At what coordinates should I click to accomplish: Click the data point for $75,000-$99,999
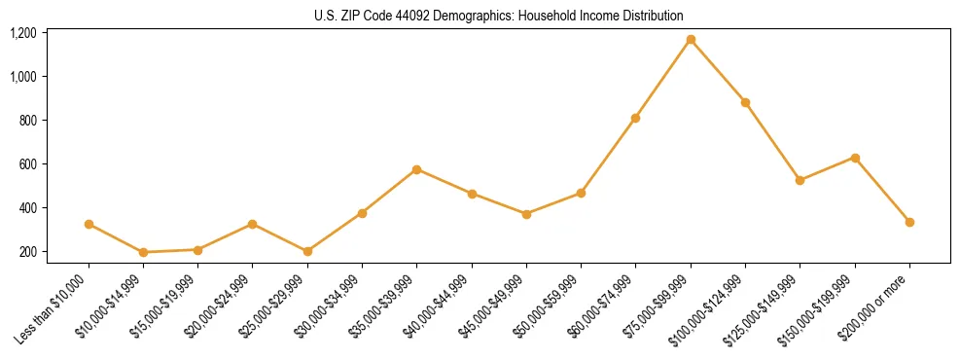click(691, 40)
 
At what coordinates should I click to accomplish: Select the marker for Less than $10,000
click(89, 224)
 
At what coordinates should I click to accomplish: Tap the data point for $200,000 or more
click(909, 222)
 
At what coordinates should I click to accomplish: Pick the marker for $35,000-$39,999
click(416, 169)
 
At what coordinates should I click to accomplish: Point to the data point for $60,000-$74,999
click(635, 119)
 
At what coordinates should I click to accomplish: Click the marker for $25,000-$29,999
click(307, 251)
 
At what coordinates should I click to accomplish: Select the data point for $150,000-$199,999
click(855, 158)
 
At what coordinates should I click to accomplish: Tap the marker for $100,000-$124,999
click(745, 102)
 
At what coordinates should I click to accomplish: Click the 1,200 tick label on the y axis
click(23, 33)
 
